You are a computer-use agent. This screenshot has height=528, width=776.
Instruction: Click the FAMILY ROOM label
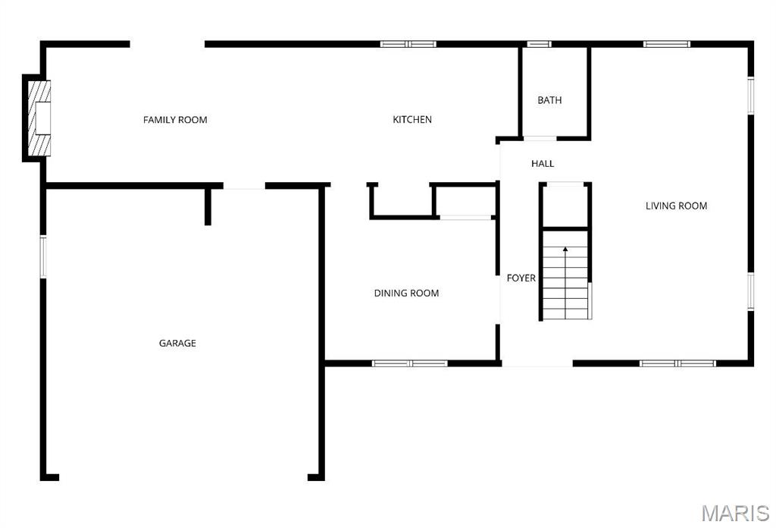(x=175, y=120)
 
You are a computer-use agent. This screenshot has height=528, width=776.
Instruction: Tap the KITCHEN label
(x=412, y=119)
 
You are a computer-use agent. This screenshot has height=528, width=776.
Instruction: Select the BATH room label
(x=550, y=100)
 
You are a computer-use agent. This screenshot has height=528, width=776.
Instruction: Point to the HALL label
(x=543, y=163)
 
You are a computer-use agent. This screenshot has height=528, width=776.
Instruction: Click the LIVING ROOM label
(x=677, y=206)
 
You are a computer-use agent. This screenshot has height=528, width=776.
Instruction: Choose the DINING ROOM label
(x=406, y=294)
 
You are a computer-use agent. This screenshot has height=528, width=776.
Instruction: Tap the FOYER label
(x=521, y=278)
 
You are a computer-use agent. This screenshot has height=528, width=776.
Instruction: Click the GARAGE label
(x=177, y=343)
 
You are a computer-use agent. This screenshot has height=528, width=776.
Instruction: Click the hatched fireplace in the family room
(x=39, y=118)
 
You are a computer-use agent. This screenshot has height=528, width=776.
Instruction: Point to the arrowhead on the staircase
(x=565, y=249)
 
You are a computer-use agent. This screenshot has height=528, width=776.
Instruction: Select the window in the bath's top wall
(x=539, y=44)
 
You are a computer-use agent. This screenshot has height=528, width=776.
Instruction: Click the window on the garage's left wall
(x=43, y=256)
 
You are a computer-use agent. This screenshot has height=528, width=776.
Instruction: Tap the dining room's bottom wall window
(x=410, y=363)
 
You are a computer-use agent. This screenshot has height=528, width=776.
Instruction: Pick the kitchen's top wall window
(x=408, y=44)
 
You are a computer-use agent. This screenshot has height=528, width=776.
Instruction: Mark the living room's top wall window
(x=667, y=44)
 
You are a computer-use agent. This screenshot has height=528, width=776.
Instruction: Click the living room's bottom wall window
(x=677, y=363)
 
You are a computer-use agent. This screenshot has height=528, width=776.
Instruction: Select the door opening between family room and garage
(x=245, y=186)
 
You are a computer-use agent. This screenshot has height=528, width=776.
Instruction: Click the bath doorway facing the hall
(x=540, y=138)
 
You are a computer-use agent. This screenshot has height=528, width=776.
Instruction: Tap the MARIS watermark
(x=735, y=513)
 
